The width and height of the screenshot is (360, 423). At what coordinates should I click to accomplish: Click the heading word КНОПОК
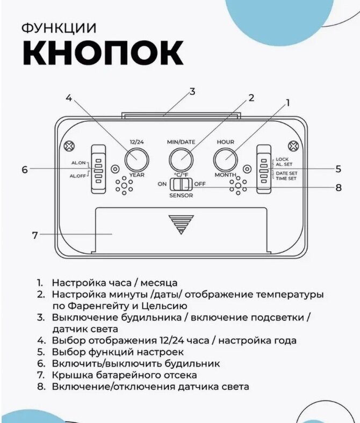click(x=103, y=53)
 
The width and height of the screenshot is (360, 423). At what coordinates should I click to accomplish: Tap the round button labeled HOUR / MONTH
click(x=226, y=159)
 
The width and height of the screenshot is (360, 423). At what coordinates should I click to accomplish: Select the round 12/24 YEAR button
click(x=137, y=159)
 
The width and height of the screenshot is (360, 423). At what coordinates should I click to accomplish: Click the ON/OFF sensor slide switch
click(x=181, y=184)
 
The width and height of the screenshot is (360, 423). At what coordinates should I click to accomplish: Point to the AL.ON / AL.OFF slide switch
click(x=98, y=169)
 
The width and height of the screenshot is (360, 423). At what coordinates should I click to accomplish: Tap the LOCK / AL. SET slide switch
click(x=263, y=169)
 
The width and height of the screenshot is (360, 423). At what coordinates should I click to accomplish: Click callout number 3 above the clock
click(x=192, y=92)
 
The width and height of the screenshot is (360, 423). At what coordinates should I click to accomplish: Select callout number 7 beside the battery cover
click(x=35, y=235)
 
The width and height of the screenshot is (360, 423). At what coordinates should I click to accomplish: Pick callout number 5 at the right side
click(x=338, y=169)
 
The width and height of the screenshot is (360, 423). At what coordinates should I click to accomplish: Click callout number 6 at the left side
click(x=25, y=169)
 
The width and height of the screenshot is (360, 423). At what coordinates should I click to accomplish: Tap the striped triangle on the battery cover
click(x=181, y=224)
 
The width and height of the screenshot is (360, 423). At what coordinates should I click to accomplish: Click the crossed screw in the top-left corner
click(x=68, y=146)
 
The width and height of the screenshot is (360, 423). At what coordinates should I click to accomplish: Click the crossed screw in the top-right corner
click(x=292, y=146)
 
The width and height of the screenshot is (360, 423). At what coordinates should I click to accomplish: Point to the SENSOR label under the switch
click(x=181, y=196)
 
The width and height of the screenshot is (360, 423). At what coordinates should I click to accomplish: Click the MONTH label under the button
click(x=226, y=176)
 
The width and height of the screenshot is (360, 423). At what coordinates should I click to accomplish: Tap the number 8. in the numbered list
click(x=40, y=386)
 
